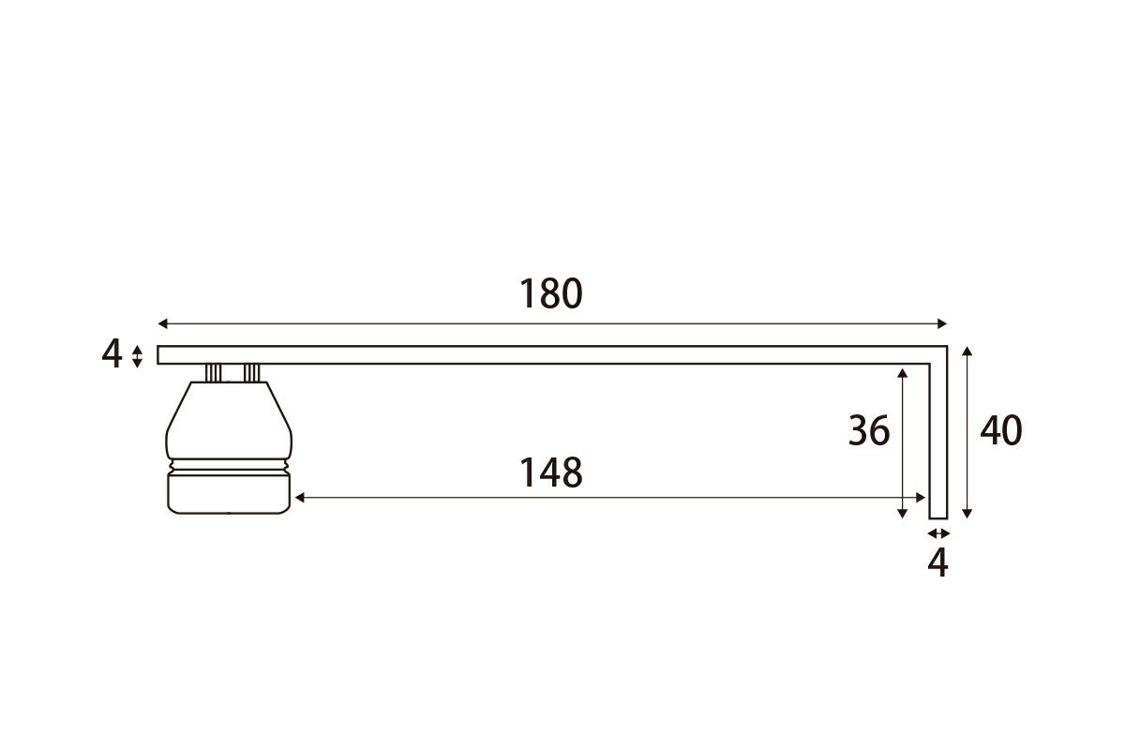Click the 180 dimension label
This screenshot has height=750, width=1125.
click(x=550, y=293)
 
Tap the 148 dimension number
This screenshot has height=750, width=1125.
click(x=550, y=472)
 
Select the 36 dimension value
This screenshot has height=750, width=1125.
click(x=869, y=430)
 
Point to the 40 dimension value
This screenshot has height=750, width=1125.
click(x=1001, y=430)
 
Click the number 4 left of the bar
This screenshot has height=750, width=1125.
click(x=112, y=353)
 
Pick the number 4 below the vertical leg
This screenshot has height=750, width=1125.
click(x=937, y=562)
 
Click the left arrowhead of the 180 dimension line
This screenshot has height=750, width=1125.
click(x=162, y=323)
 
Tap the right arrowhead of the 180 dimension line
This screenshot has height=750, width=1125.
click(x=942, y=323)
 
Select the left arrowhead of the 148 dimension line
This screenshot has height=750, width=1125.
click(x=300, y=498)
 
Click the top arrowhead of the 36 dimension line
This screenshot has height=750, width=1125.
click(x=903, y=373)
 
